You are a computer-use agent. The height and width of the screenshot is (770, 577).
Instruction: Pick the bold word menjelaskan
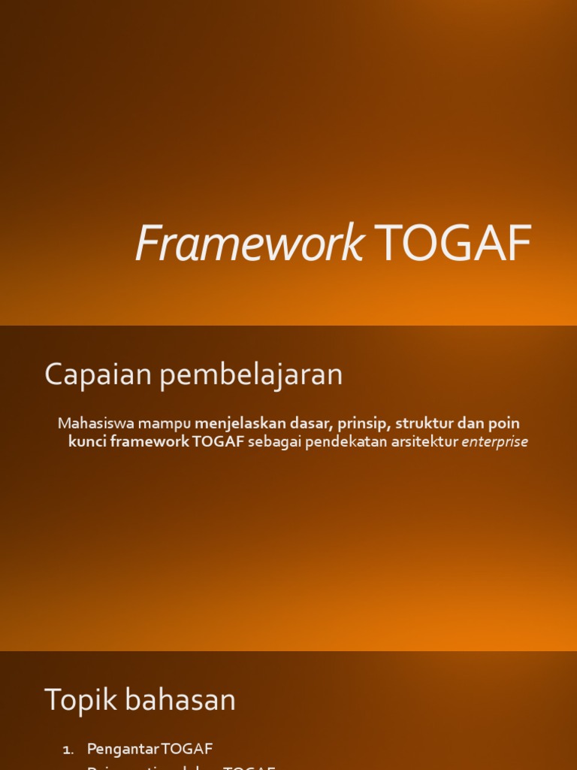240,423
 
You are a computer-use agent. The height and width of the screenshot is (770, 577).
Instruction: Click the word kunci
87,442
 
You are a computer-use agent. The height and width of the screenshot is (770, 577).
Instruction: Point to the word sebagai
272,442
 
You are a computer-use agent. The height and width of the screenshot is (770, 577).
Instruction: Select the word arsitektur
424,442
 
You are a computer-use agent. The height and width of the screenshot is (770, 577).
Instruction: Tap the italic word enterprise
495,442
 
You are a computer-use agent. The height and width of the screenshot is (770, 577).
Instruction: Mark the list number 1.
68,750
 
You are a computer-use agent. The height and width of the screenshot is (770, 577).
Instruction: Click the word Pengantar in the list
123,749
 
